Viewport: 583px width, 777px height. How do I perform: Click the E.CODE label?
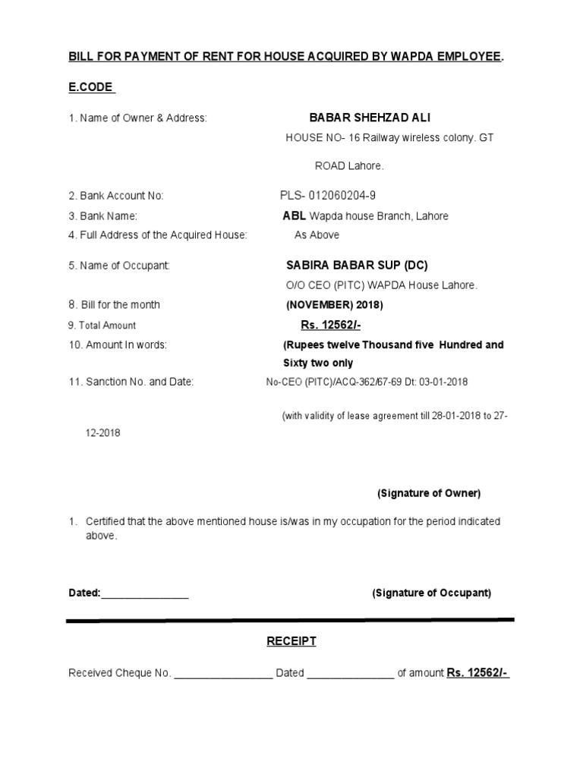90,87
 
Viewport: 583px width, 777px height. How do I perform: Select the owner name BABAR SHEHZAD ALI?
370,118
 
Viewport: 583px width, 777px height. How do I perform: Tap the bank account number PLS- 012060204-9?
327,196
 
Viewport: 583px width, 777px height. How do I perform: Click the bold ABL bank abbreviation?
295,216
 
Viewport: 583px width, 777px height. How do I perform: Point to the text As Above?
317,235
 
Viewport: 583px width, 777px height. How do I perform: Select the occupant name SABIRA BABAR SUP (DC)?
357,266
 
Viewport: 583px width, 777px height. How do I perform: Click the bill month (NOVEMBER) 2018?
334,305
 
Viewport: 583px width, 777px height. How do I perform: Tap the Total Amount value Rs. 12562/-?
330,326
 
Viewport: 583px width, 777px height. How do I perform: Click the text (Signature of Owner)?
429,494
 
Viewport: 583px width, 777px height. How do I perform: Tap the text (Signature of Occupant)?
431,593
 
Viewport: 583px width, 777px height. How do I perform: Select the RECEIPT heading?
291,642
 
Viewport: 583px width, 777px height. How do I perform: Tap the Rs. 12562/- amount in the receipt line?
477,673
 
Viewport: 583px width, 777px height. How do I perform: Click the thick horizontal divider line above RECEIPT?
291,621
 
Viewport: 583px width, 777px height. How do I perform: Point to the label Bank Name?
102,216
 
